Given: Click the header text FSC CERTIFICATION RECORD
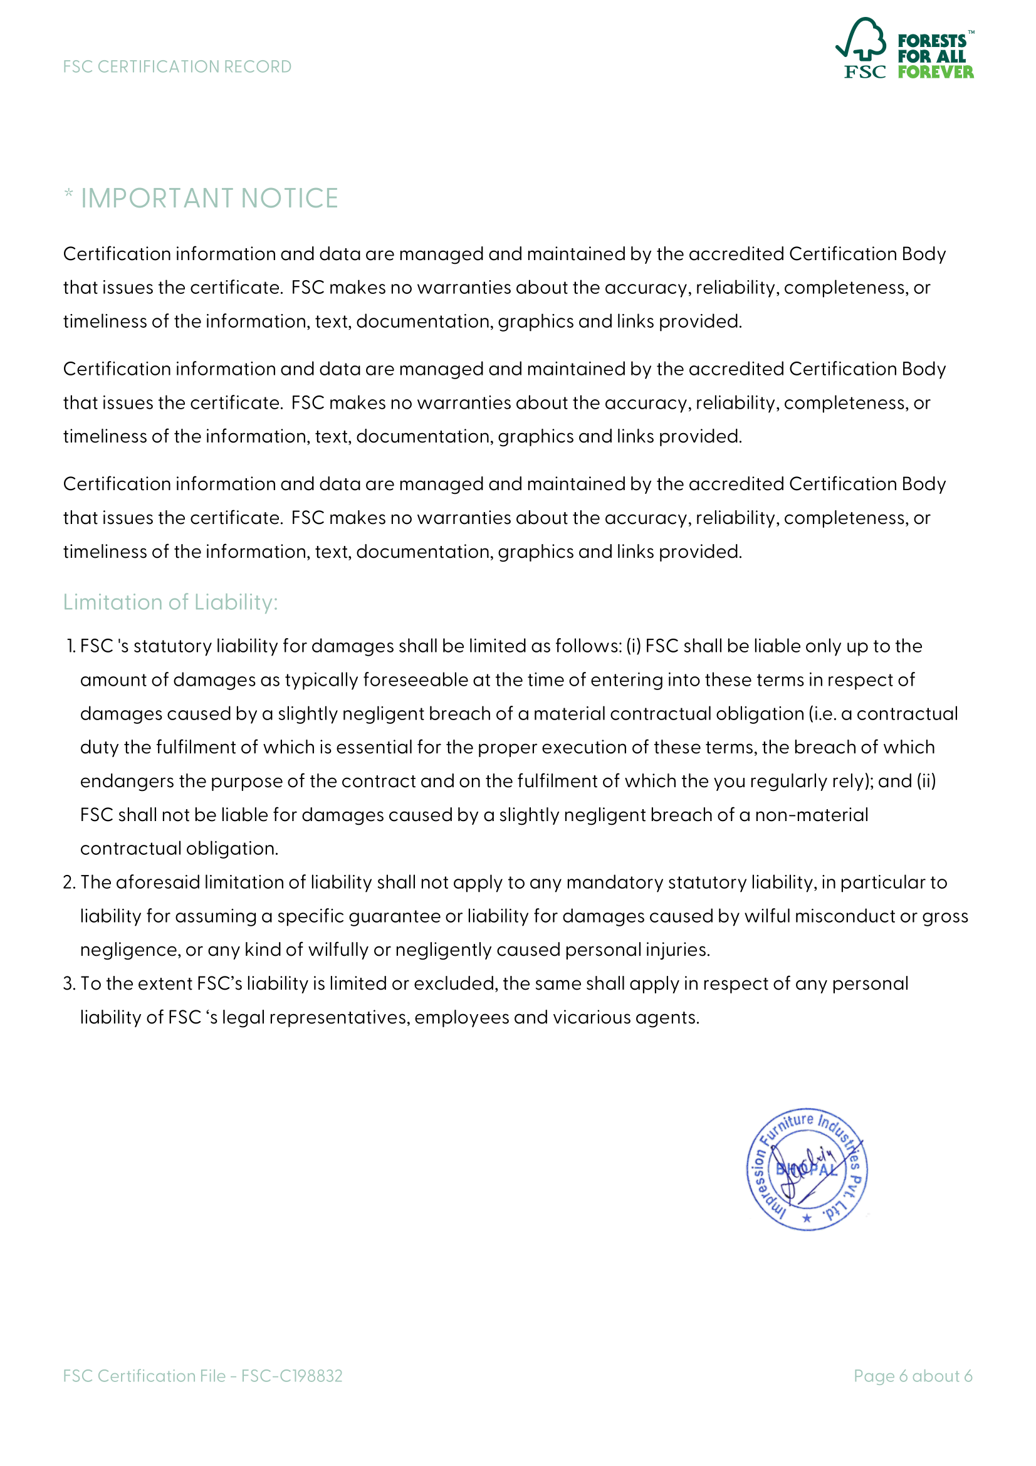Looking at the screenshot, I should click(x=177, y=67).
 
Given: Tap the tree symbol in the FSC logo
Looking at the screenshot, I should click(x=862, y=39).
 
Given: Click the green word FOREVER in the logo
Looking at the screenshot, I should click(x=935, y=72).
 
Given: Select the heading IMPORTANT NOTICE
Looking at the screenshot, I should click(x=209, y=199).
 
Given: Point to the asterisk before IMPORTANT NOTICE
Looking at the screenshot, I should click(x=68, y=194).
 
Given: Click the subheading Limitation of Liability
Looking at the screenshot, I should click(x=170, y=602).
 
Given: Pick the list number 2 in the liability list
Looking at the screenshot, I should click(x=69, y=882).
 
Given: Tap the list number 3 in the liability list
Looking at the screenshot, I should click(x=69, y=983).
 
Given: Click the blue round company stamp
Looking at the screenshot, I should click(x=807, y=1169).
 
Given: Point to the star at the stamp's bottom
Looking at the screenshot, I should click(x=807, y=1218).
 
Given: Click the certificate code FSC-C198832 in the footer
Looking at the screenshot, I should click(x=291, y=1376).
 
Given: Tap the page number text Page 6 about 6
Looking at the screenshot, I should click(x=913, y=1376).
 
